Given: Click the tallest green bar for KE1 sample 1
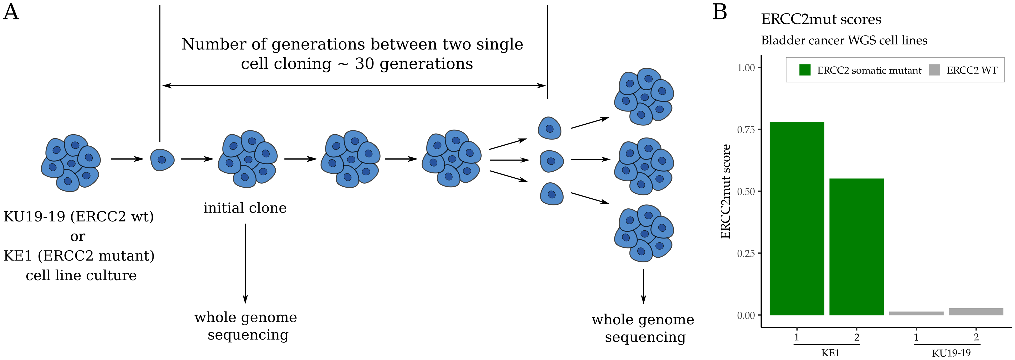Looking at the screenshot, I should [796, 219].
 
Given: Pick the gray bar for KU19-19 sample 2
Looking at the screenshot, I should [976, 311].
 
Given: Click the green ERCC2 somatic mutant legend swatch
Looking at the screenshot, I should [804, 70].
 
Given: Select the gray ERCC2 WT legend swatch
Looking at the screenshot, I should [934, 70].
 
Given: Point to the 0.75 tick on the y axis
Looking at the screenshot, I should [746, 130].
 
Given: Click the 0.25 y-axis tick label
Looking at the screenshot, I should [746, 253].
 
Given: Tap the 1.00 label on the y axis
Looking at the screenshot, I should [746, 68].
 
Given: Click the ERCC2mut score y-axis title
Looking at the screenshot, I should [725, 192].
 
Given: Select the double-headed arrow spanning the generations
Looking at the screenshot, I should [354, 86].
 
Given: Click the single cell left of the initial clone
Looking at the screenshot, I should [162, 160].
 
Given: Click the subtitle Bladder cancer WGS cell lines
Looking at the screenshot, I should [844, 41].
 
